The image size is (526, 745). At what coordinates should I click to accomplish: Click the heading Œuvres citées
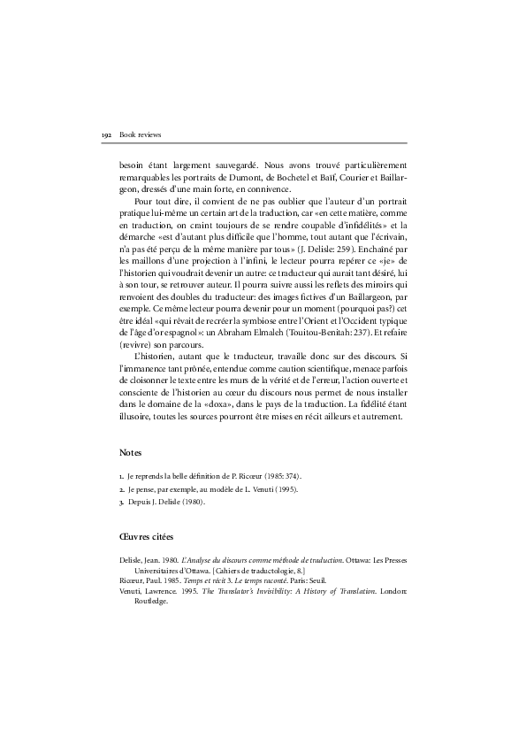(x=147, y=536)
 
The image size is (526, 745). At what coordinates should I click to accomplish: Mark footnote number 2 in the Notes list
(x=121, y=488)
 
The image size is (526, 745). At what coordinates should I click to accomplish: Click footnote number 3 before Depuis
(x=121, y=502)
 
